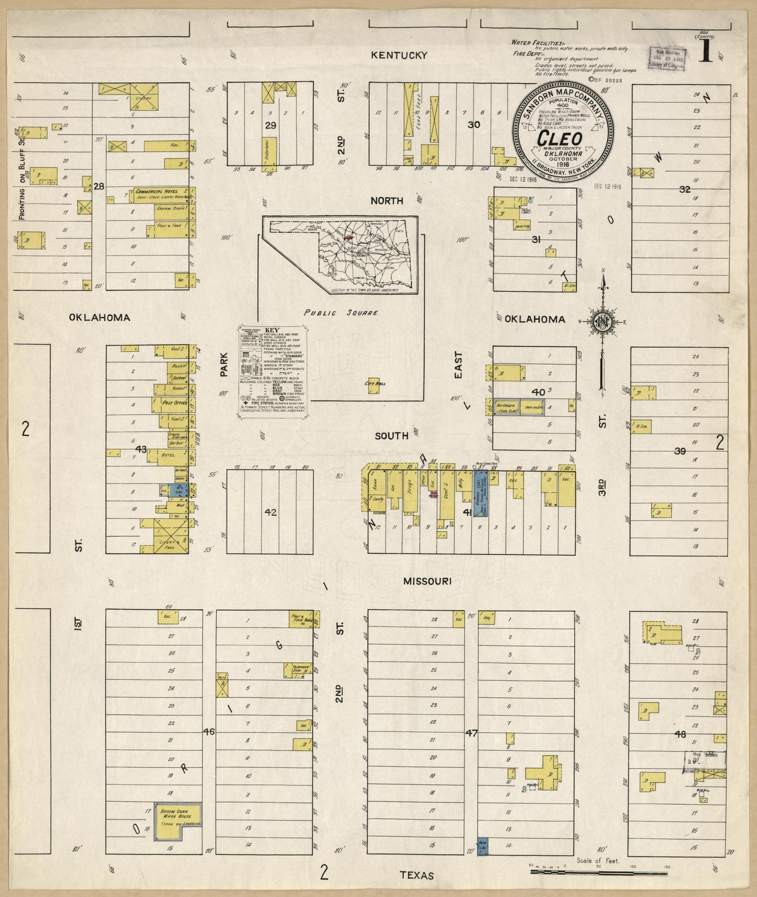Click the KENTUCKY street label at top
tap(399, 55)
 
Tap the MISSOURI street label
tap(427, 581)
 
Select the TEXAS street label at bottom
tap(417, 876)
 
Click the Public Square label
tap(342, 312)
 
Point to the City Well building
tap(374, 385)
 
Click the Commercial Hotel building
tap(162, 194)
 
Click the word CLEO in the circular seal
tap(559, 139)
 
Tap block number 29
tap(270, 125)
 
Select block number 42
tap(270, 512)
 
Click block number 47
tap(471, 733)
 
